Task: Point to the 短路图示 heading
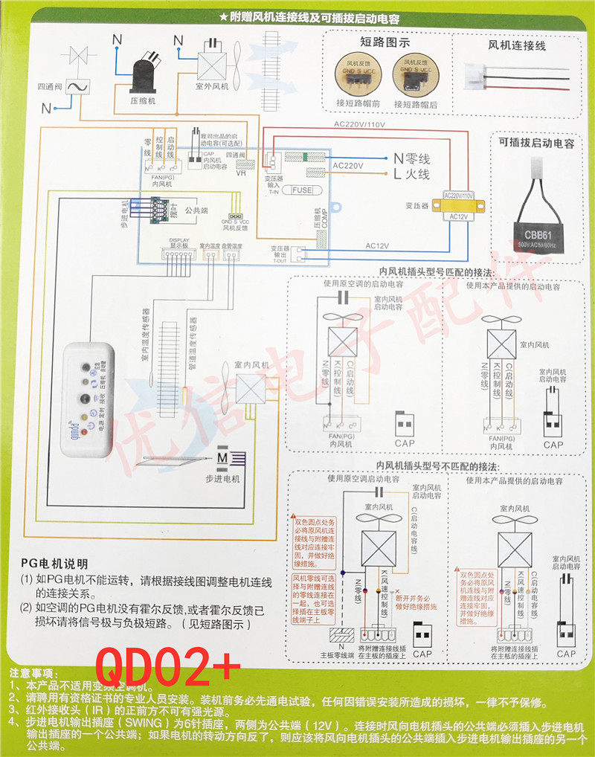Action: [x=380, y=44]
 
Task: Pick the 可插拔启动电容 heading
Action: [x=536, y=144]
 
